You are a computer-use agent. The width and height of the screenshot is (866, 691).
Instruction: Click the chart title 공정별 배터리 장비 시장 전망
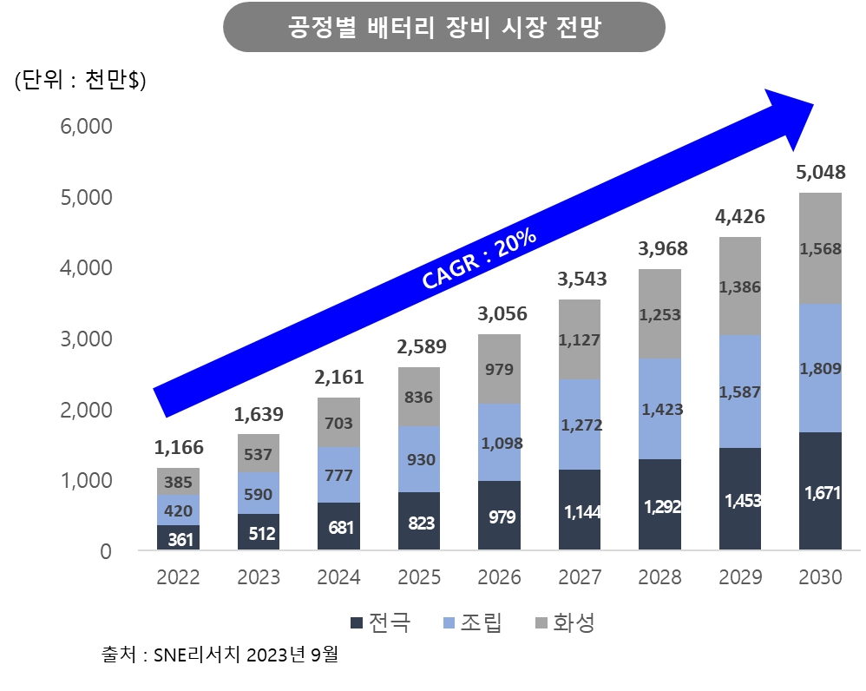[x=443, y=27]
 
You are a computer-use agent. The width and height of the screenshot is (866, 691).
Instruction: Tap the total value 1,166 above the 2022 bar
[x=179, y=448]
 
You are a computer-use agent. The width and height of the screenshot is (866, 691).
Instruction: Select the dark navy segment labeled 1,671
[x=820, y=491]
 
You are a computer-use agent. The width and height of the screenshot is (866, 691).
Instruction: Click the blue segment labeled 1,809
[x=820, y=367]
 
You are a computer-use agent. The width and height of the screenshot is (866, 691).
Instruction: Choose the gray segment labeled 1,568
[x=820, y=248]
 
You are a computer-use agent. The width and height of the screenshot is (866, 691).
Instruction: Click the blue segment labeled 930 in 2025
[x=419, y=459]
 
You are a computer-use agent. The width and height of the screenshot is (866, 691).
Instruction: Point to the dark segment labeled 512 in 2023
[x=259, y=532]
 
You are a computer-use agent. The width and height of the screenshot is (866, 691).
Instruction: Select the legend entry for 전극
[x=378, y=622]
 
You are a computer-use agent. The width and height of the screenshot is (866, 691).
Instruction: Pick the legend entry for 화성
[x=563, y=622]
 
